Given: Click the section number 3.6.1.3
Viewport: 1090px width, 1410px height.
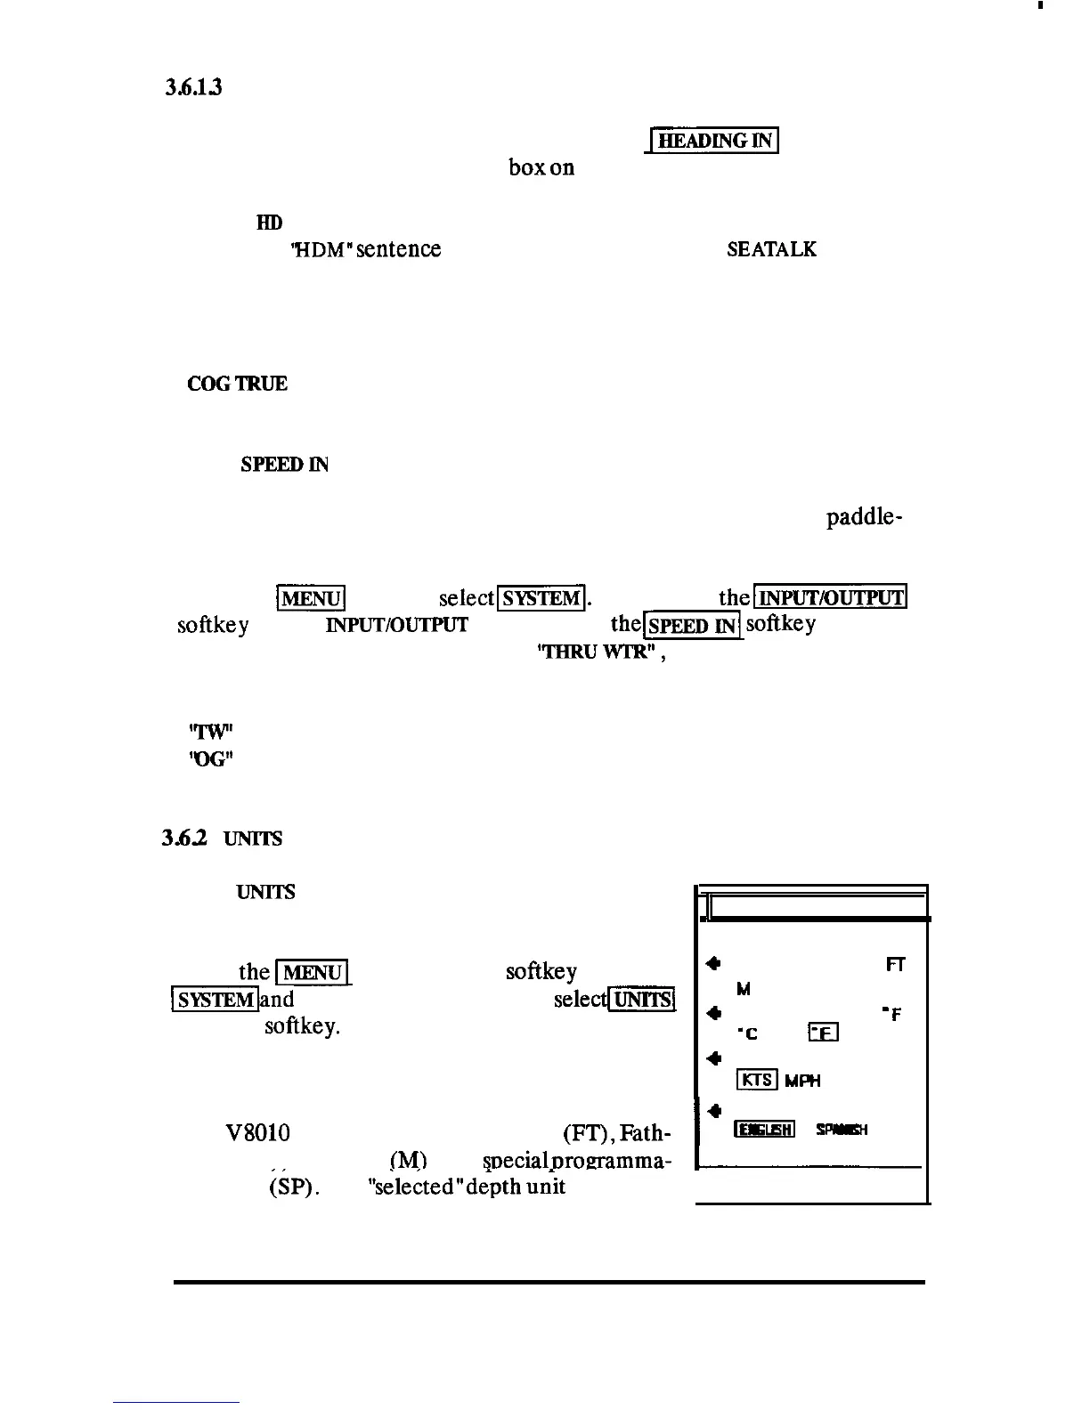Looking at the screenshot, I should [192, 87].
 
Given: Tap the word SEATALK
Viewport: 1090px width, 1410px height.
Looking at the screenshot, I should [771, 249].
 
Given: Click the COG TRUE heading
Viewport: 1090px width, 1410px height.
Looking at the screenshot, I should [237, 385].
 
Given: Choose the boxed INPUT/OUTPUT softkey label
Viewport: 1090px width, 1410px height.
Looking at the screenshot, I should [830, 596].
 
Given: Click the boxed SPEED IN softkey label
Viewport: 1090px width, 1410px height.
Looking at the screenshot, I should [693, 625].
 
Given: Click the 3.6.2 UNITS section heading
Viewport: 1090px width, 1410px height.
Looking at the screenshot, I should [223, 839].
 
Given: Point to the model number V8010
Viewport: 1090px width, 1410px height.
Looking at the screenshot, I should [257, 1133].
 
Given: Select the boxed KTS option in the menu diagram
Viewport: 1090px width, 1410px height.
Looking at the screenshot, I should [757, 1080].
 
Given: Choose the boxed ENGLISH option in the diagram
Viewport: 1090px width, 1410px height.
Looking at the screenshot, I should [764, 1130].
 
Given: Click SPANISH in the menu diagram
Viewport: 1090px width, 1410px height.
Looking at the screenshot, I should [841, 1130].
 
